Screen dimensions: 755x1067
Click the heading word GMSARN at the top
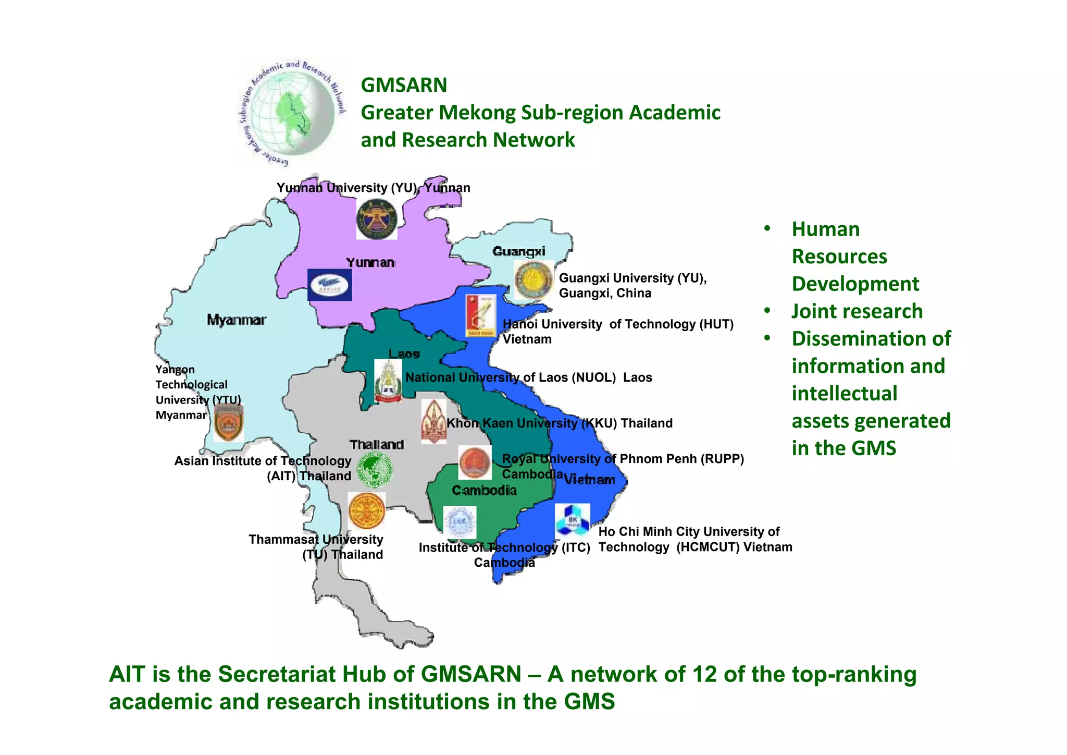(404, 85)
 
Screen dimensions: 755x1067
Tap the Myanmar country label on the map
(237, 320)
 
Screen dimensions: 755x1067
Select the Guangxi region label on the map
(519, 251)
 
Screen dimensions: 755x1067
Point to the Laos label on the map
(404, 354)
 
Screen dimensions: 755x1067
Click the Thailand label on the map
(377, 444)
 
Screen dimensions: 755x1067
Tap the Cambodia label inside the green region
(484, 490)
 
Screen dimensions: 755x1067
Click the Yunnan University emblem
(377, 220)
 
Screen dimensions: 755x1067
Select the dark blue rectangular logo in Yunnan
(329, 285)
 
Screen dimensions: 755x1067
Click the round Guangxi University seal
(533, 280)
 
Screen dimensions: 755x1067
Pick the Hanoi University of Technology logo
(481, 315)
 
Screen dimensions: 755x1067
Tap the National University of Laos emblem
(388, 381)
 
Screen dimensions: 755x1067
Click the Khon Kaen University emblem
(433, 421)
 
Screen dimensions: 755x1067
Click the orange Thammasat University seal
(367, 510)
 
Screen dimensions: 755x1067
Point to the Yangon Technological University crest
(228, 422)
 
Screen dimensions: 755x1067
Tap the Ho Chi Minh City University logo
(572, 520)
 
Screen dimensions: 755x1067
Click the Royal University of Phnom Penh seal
(475, 462)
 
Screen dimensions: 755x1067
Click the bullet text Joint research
(857, 311)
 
